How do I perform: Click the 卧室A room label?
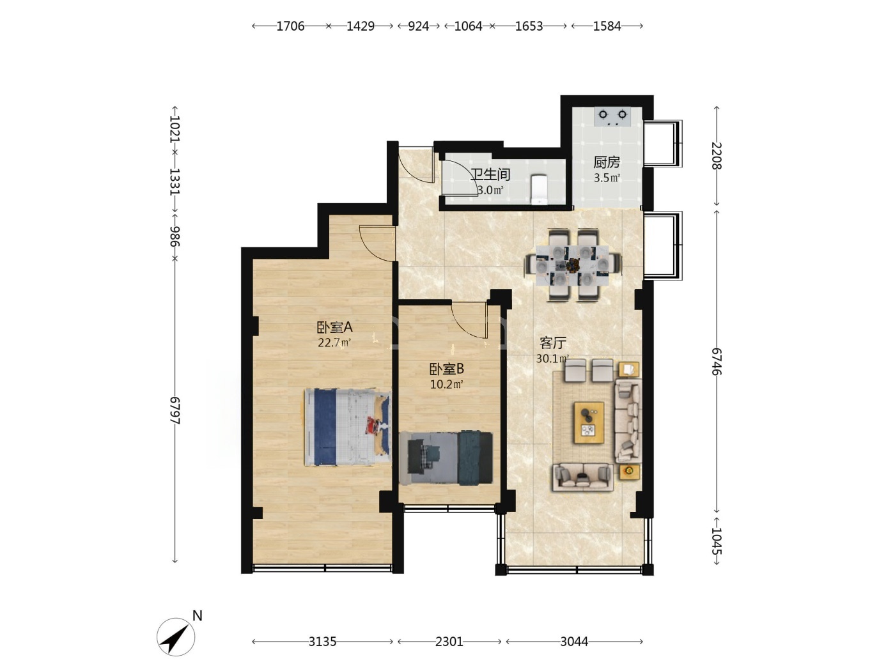coord(334,327)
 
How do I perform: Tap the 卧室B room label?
coord(446,369)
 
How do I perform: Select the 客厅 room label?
coord(553,343)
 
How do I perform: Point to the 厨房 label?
coord(607,162)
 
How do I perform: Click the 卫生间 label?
coord(490,174)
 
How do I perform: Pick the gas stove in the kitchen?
coord(612,117)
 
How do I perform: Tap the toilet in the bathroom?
coord(539,189)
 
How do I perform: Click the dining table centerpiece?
coord(573,265)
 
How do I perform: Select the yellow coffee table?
coord(589,422)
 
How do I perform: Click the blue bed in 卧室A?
coord(347,427)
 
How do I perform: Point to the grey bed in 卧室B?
coord(446,458)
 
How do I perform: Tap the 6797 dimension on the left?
coord(175,410)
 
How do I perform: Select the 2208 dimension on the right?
coord(717,156)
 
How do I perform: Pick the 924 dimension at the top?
coord(418,26)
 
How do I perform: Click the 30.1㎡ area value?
coord(552,359)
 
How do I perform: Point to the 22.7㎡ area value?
coord(334,343)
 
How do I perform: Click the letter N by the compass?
coord(198,615)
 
